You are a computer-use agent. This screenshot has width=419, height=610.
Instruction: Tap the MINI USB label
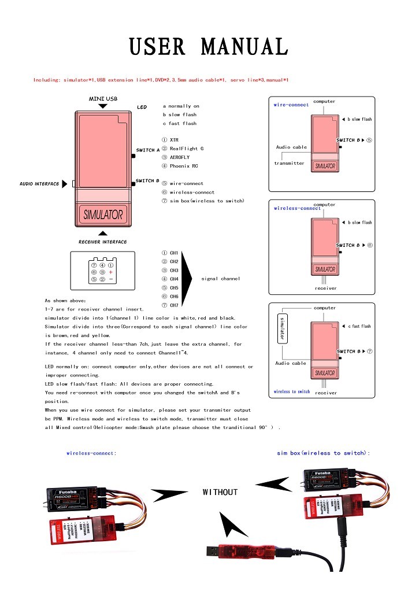click(103, 99)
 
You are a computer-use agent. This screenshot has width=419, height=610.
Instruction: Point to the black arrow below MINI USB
click(103, 106)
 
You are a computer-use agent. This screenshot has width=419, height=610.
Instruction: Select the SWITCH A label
click(147, 150)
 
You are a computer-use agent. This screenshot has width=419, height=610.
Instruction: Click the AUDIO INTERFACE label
click(39, 184)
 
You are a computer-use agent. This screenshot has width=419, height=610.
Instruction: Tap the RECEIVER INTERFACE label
click(103, 242)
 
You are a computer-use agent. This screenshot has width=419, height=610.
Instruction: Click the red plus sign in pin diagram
click(110, 272)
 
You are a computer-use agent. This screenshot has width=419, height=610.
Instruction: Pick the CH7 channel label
click(174, 305)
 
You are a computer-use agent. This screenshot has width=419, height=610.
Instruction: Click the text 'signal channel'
click(220, 279)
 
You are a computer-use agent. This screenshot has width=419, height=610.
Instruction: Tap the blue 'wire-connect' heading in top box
click(291, 105)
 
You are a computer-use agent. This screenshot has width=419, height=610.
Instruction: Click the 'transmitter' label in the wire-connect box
click(289, 163)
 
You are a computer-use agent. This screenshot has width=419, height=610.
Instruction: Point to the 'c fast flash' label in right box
click(359, 326)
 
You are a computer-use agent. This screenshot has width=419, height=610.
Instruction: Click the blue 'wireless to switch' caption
click(292, 391)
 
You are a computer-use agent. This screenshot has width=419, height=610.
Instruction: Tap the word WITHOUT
click(220, 492)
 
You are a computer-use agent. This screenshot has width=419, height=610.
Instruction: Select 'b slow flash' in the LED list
click(179, 114)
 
